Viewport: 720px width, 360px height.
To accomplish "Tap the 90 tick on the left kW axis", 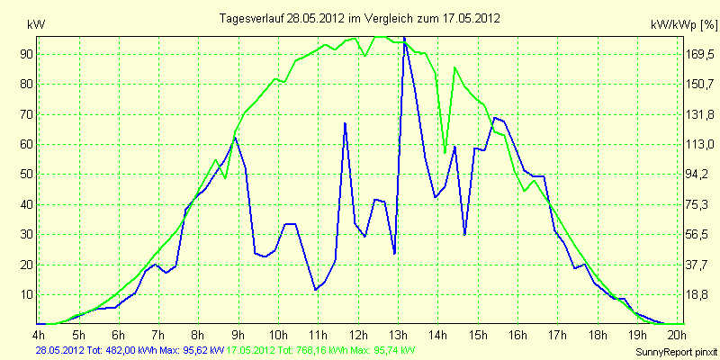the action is click(25, 55).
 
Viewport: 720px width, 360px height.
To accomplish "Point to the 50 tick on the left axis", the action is click(25, 175).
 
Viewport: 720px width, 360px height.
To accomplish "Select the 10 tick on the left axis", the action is click(25, 295).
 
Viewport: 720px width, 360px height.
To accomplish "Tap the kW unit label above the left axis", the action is click(36, 25).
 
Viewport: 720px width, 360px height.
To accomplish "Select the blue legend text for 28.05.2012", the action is click(130, 351).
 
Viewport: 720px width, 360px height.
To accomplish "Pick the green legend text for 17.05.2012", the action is click(318, 351).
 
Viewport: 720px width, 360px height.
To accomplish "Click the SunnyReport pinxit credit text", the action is click(676, 352).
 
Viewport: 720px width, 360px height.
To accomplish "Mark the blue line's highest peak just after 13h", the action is click(404, 37).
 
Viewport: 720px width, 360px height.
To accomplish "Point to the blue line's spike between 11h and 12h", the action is click(345, 123).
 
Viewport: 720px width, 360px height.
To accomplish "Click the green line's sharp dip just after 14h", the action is click(445, 152).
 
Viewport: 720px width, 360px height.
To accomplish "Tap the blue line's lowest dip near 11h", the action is click(316, 290).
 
